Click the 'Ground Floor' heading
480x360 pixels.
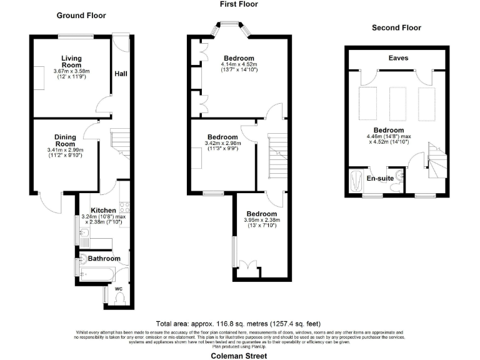tap(81, 15)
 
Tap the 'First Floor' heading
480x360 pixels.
tap(238, 4)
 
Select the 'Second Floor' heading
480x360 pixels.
tap(396, 27)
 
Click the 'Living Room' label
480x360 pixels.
tap(71, 61)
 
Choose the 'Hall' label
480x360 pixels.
tap(121, 74)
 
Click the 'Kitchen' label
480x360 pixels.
tap(103, 210)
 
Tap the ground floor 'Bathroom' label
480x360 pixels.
tap(104, 258)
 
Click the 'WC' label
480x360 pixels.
tap(118, 289)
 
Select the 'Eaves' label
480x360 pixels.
tap(397, 58)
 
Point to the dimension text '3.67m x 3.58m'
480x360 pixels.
tap(72, 71)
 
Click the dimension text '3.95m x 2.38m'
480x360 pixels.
tap(262, 220)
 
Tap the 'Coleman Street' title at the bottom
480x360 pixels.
tap(239, 355)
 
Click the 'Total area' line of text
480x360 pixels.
tap(238, 324)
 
